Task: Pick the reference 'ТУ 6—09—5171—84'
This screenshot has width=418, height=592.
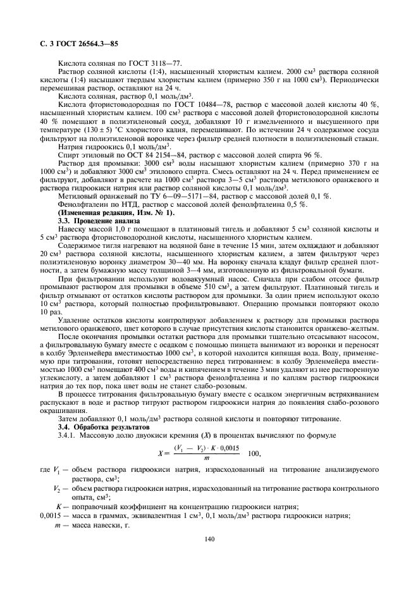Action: [x=183, y=196]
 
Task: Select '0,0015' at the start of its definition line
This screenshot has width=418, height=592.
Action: [x=50, y=515]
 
